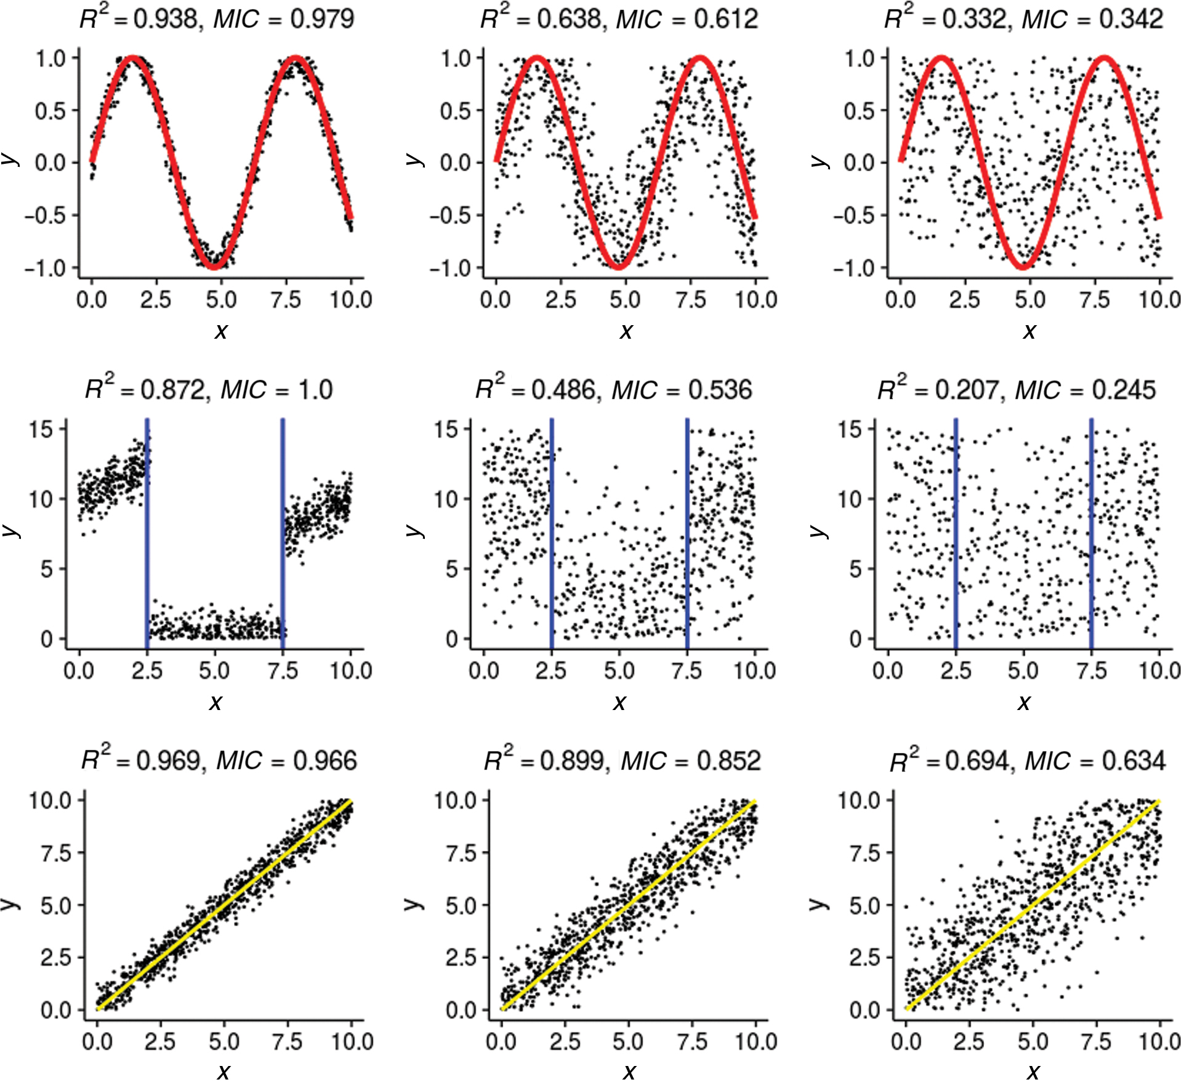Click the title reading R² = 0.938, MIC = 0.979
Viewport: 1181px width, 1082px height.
(217, 18)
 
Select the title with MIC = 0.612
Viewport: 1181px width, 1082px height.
(619, 18)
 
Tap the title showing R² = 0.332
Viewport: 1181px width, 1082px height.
(1023, 18)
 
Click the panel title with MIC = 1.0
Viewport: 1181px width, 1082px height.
(209, 389)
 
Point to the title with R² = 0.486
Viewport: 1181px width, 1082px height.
(613, 389)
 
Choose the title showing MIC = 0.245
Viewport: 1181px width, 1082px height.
(1016, 389)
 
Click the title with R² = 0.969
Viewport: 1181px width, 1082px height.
(219, 761)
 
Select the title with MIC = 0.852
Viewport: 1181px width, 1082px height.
(622, 761)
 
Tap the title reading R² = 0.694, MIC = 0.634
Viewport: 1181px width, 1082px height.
(1027, 761)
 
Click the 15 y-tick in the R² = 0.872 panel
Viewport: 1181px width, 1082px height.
(42, 429)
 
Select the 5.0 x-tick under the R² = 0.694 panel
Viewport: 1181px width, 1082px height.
(1033, 1042)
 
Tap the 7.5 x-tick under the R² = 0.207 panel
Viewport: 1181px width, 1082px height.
(1090, 671)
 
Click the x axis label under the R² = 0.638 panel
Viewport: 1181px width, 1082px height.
(626, 331)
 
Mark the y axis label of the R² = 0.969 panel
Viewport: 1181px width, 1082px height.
(11, 903)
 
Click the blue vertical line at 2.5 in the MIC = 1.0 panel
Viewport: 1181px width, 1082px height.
(147, 530)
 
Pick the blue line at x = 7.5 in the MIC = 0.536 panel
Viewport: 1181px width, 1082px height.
(687, 530)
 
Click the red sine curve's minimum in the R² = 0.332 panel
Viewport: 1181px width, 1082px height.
(1023, 266)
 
